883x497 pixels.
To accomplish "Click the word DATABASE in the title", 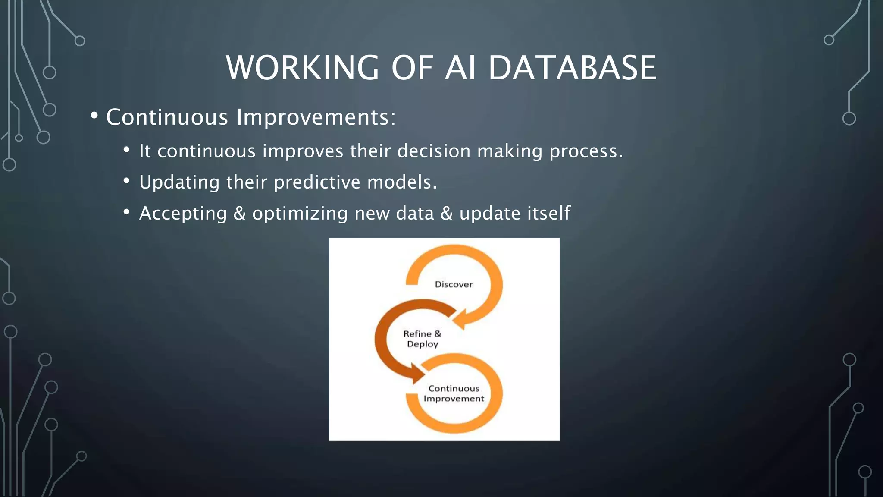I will pos(572,68).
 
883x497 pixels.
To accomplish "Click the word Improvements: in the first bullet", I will pos(316,117).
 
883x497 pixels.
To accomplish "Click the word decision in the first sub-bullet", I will pos(433,151).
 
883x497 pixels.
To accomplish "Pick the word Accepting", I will pos(183,213).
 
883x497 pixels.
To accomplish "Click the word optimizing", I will pos(300,213).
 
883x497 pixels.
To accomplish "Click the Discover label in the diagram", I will pos(454,284).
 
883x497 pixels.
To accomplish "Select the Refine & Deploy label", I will pos(422,339).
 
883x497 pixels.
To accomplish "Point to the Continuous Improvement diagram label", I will pos(454,393).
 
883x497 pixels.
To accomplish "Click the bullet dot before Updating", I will pos(126,181).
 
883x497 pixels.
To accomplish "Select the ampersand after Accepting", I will pos(239,213).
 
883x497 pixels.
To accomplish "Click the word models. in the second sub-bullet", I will pos(402,182).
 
